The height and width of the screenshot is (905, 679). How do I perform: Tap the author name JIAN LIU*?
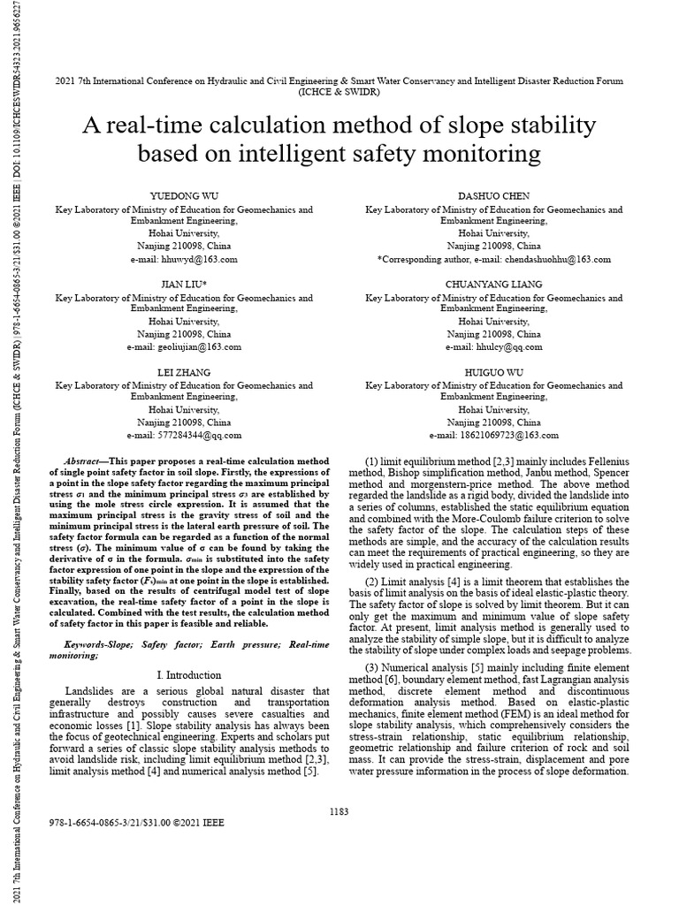point(184,285)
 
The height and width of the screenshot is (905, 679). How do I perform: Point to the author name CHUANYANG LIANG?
point(494,285)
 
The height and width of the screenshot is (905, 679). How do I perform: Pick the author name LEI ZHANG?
point(184,372)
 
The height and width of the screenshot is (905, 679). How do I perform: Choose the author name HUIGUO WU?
point(494,372)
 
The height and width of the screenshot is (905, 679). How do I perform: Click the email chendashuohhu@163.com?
point(548,260)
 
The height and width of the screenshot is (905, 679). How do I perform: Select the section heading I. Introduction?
point(184,675)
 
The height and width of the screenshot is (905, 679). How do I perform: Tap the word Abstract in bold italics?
point(86,462)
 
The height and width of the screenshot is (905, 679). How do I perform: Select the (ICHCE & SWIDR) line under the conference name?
point(339,91)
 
